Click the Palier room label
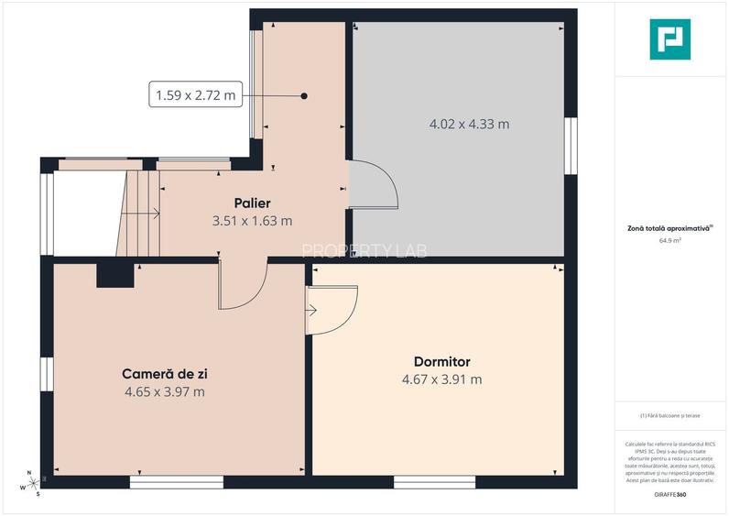point(252,203)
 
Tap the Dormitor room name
point(441,362)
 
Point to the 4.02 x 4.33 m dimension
point(470,124)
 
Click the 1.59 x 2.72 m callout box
point(195,94)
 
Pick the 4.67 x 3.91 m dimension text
point(441,379)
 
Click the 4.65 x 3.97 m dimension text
point(165,391)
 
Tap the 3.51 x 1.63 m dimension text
point(252,220)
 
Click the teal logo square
point(671,39)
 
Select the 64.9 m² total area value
point(670,241)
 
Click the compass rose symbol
point(31,484)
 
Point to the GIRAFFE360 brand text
point(670,495)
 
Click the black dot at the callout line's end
point(304,95)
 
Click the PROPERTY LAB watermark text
point(364,250)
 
